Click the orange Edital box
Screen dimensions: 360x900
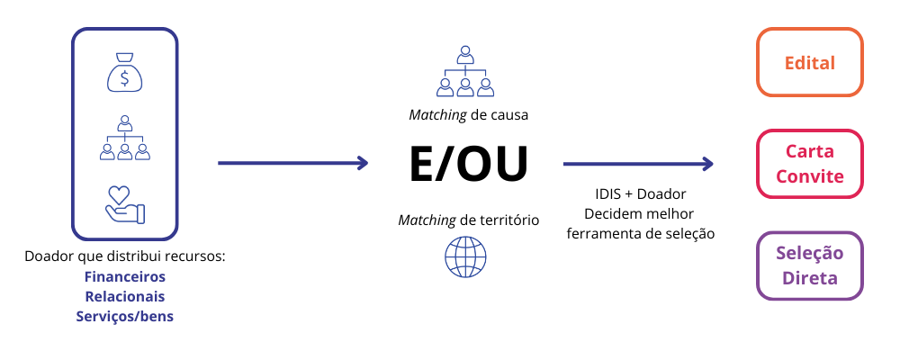click(x=810, y=63)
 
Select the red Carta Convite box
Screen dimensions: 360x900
click(x=810, y=164)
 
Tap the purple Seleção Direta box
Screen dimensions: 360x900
click(x=810, y=265)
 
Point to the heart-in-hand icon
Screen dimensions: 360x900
click(x=125, y=203)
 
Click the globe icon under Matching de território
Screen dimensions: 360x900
click(x=464, y=256)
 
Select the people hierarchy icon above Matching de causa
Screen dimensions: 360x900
click(x=464, y=71)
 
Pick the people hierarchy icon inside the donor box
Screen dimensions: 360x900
click(x=125, y=137)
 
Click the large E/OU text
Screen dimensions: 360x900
click(x=468, y=164)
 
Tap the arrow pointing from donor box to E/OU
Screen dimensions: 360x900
click(x=292, y=163)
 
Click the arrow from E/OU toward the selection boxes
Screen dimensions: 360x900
click(x=637, y=164)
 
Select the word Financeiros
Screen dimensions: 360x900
click(x=125, y=276)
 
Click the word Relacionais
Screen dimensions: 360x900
click(x=125, y=296)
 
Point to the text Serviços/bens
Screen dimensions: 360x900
click(x=125, y=316)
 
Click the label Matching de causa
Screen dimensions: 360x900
click(x=468, y=115)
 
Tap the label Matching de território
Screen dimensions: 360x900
click(x=468, y=220)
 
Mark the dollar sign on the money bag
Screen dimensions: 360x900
click(x=125, y=77)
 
